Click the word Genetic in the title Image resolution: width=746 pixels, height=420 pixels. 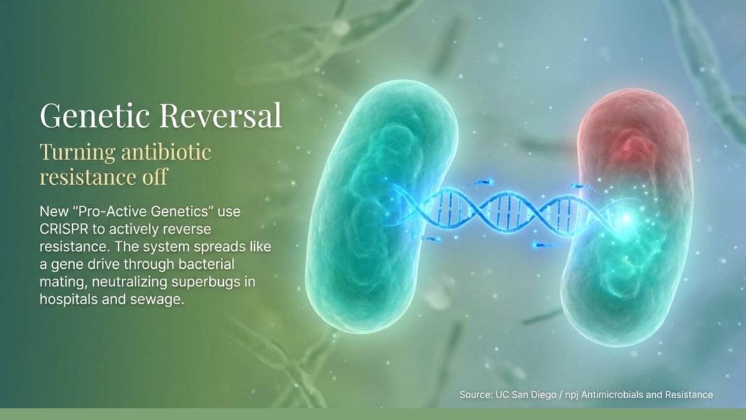pyautogui.click(x=95, y=116)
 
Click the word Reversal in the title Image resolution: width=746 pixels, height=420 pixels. pyautogui.click(x=221, y=116)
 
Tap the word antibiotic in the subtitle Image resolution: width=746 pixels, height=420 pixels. pyautogui.click(x=166, y=152)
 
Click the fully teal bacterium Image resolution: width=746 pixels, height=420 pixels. pyautogui.click(x=381, y=207)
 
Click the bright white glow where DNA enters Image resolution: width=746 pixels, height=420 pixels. pyautogui.click(x=626, y=218)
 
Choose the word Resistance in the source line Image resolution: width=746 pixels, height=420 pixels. pyautogui.click(x=689, y=394)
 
